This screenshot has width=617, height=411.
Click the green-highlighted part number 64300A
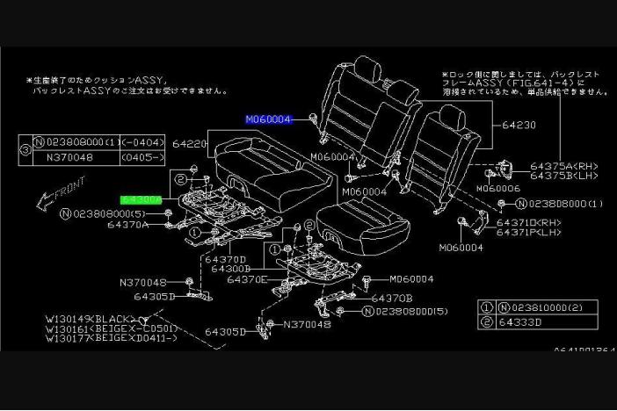142,200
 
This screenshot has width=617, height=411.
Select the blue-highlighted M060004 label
268,119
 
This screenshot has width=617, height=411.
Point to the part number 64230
518,126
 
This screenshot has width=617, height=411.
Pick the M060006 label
497,188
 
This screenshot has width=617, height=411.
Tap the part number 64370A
128,225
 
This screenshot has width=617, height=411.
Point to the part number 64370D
226,259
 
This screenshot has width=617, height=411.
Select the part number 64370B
391,299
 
